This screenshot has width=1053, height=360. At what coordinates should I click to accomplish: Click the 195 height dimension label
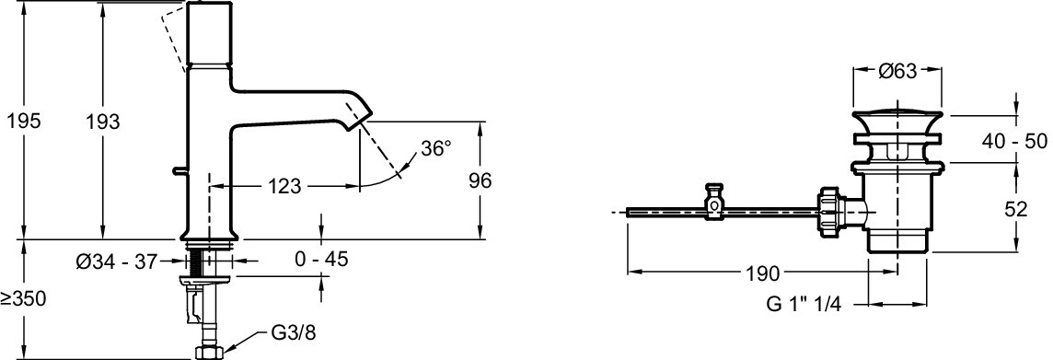click(x=24, y=122)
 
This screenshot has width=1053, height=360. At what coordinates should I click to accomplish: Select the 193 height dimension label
click(x=103, y=122)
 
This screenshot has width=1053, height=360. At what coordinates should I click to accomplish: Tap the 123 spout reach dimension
click(x=285, y=186)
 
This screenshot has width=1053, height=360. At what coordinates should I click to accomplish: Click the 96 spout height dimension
click(x=480, y=180)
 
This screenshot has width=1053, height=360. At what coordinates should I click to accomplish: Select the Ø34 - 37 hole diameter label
click(x=117, y=261)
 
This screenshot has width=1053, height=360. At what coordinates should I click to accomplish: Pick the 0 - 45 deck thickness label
click(x=321, y=259)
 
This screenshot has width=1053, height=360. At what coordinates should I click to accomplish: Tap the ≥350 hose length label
click(x=24, y=299)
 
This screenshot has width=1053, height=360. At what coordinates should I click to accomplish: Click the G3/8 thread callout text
click(x=293, y=334)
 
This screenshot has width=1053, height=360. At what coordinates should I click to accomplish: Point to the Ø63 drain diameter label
click(x=897, y=70)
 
